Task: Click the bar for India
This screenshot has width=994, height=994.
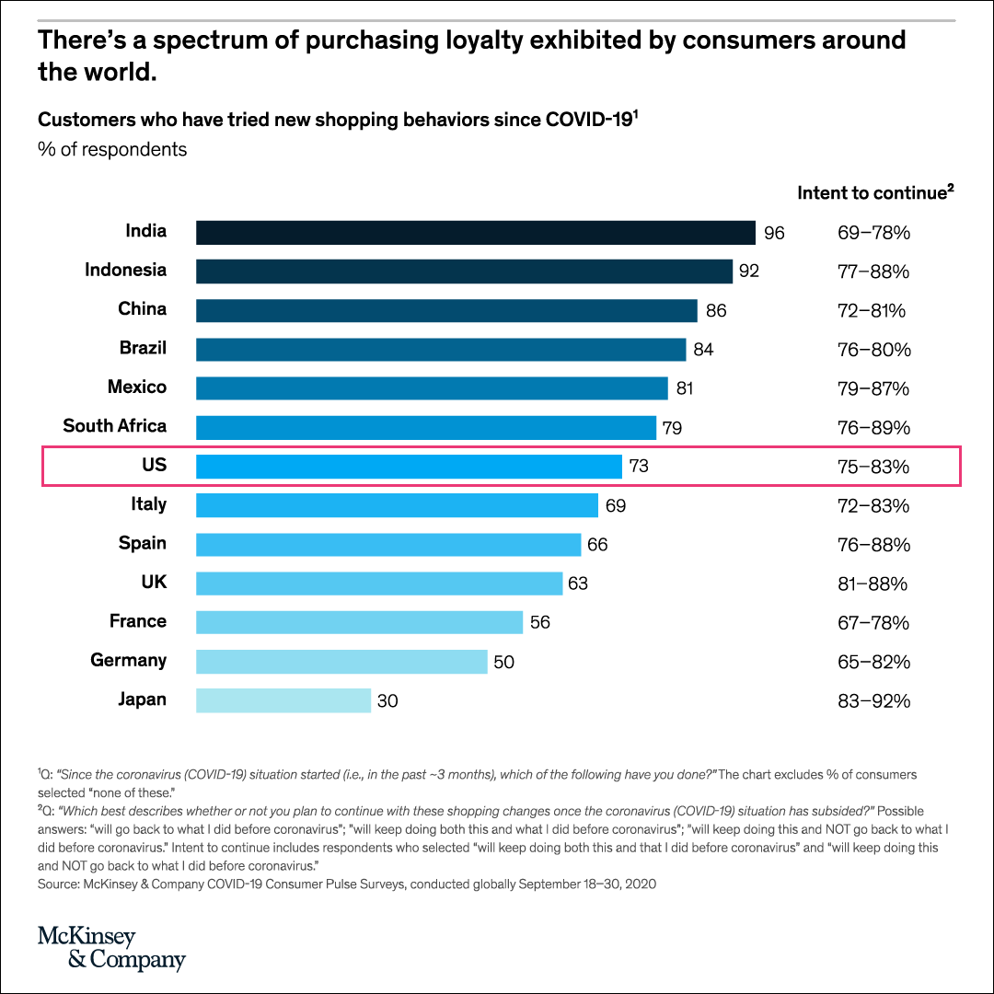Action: [x=475, y=232]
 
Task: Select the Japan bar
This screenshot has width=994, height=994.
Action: [x=283, y=700]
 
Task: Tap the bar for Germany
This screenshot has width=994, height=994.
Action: [x=341, y=662]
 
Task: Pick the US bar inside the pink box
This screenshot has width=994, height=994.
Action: [x=410, y=467]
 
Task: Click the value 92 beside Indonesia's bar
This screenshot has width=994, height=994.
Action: [x=750, y=272]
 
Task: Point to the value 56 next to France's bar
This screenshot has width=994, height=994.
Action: [x=540, y=623]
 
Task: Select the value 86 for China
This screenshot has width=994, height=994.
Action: [x=716, y=310]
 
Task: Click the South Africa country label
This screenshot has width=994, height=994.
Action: [x=115, y=426]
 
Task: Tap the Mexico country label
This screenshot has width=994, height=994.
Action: [x=137, y=387]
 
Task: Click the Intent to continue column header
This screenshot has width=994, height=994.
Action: [x=874, y=192]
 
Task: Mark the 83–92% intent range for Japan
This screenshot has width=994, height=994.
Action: [x=873, y=701]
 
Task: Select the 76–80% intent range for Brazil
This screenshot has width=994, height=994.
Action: [x=873, y=350]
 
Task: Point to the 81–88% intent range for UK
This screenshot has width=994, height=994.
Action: [x=873, y=584]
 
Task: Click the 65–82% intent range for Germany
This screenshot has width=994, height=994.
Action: [x=873, y=662]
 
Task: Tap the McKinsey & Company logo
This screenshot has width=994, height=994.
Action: [x=111, y=948]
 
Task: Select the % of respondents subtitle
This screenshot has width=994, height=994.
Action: [x=112, y=149]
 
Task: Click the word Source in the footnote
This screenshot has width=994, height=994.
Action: [x=59, y=884]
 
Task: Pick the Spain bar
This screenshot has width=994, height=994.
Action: [x=388, y=545]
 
